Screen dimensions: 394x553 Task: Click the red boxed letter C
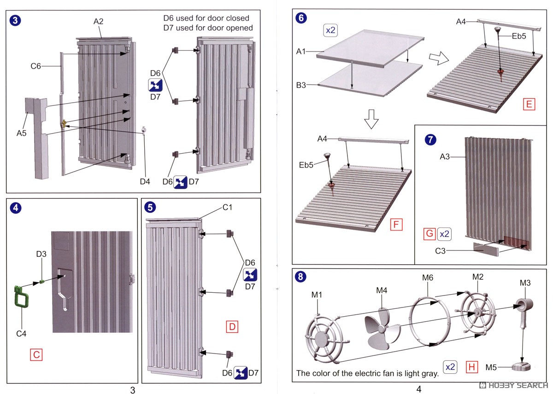[x=36, y=354]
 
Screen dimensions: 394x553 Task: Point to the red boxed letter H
[x=471, y=367]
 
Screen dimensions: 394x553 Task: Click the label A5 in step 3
[x=22, y=133]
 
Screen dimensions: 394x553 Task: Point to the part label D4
[x=145, y=181]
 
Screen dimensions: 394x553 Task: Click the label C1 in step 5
[x=228, y=208]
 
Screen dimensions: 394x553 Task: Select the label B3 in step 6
[x=301, y=85]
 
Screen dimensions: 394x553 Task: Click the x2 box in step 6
[x=331, y=31]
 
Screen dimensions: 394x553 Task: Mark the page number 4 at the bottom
[x=418, y=389]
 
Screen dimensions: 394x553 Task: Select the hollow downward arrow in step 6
[x=371, y=121]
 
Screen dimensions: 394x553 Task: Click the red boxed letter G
[x=429, y=234]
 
